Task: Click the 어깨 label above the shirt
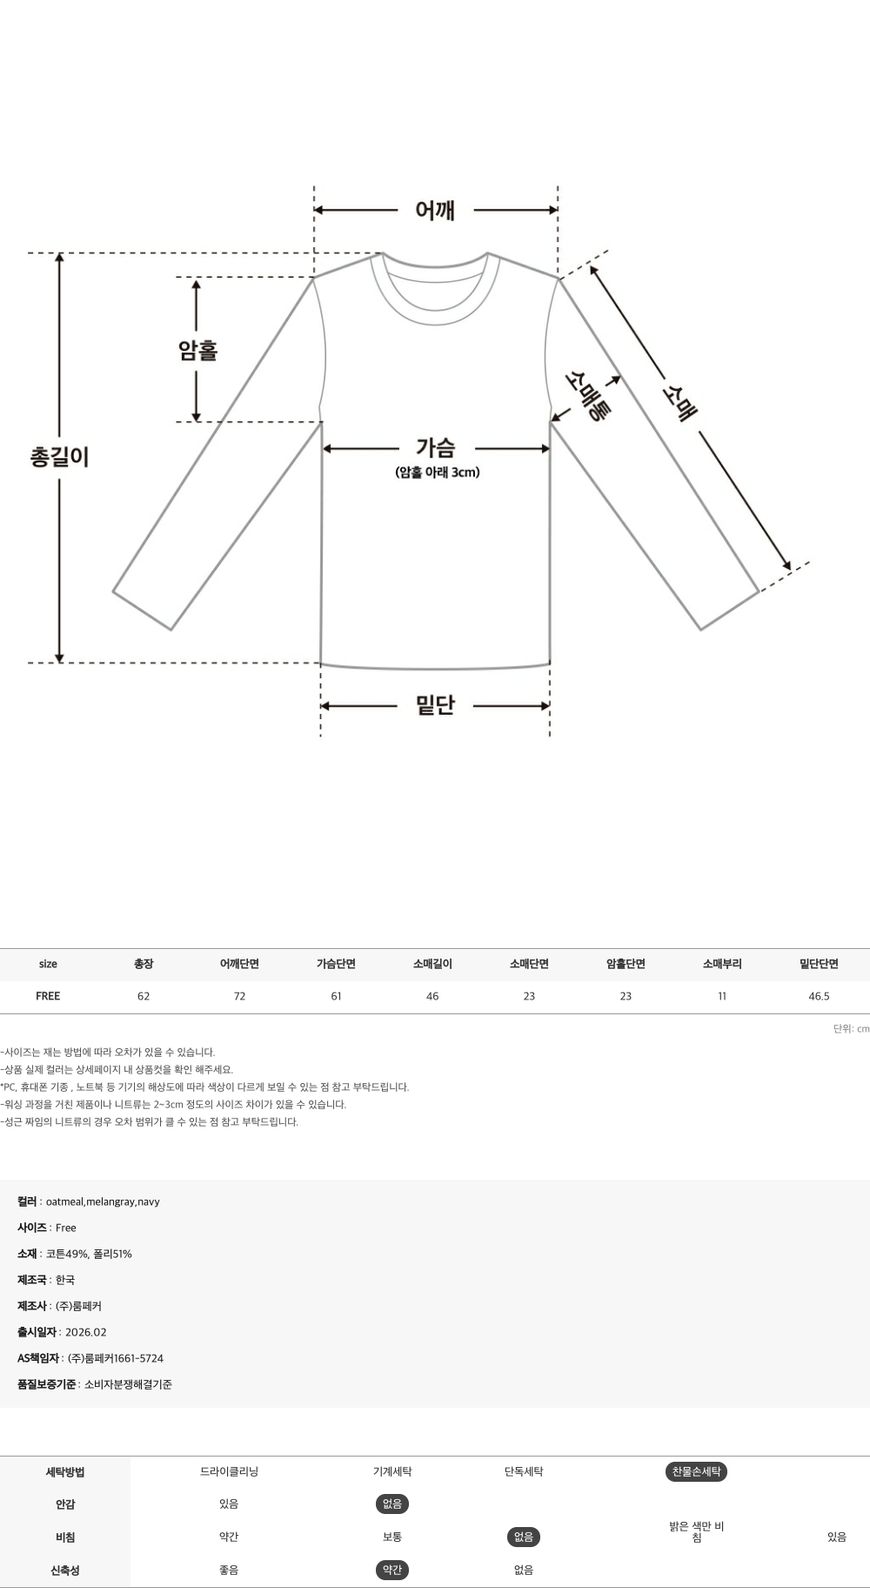[x=435, y=210]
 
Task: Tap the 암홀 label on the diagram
[x=197, y=350]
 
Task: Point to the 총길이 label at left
[x=59, y=456]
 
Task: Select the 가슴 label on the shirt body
[x=435, y=447]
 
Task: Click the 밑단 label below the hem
[x=435, y=705]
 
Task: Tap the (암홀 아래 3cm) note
[x=437, y=473]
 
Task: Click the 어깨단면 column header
[x=239, y=964]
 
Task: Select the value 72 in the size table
[x=239, y=996]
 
